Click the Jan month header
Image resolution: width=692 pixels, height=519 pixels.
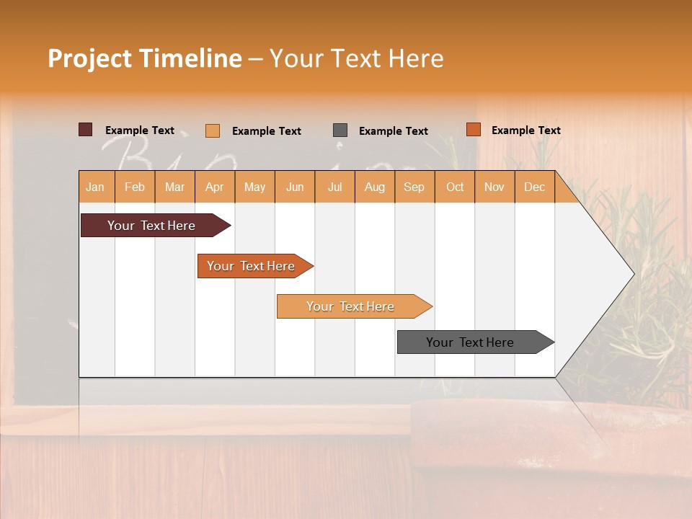coord(96,187)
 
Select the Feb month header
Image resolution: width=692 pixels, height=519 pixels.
coord(135,187)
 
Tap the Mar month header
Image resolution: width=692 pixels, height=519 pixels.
coord(174,187)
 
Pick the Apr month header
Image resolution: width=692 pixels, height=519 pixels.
coord(215,187)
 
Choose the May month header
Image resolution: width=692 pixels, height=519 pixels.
coord(254,187)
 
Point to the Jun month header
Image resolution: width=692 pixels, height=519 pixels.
coord(295,187)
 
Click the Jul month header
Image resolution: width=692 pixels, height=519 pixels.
coord(334,187)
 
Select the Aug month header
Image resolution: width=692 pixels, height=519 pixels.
coord(375,187)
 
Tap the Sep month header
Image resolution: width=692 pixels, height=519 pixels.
coord(414,187)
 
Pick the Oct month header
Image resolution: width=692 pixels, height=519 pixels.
coord(455,187)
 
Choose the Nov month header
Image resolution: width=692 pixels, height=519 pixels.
coord(494,187)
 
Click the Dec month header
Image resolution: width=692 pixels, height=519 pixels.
coord(535,187)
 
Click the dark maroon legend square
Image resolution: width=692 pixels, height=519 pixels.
coord(86,130)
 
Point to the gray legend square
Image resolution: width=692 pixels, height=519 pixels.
coord(340,130)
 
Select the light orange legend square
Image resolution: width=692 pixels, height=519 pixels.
coord(213,130)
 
